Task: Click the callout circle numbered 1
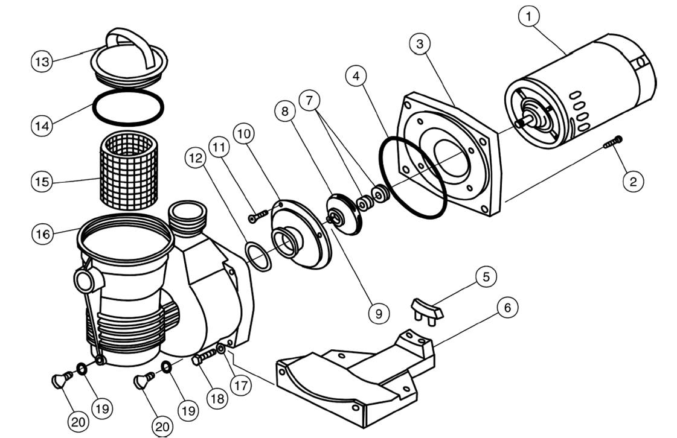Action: [x=528, y=16]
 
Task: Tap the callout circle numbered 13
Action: [x=42, y=62]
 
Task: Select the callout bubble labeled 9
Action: [x=379, y=314]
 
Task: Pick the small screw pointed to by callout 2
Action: [x=613, y=142]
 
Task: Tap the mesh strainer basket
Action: [x=129, y=171]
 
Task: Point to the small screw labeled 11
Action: [x=258, y=216]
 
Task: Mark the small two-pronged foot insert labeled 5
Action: [x=426, y=310]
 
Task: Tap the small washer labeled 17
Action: [x=221, y=348]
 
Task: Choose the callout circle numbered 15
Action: [x=42, y=182]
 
